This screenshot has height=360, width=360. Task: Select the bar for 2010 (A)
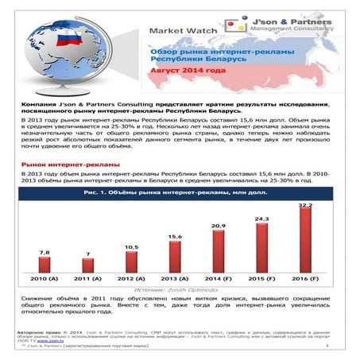(45, 265)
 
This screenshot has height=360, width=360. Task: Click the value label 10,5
(131, 247)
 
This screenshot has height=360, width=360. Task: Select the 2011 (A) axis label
(88, 280)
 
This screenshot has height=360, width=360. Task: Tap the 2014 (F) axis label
(219, 280)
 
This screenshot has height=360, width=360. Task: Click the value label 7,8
(45, 252)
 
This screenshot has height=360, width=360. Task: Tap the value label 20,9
(218, 226)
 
